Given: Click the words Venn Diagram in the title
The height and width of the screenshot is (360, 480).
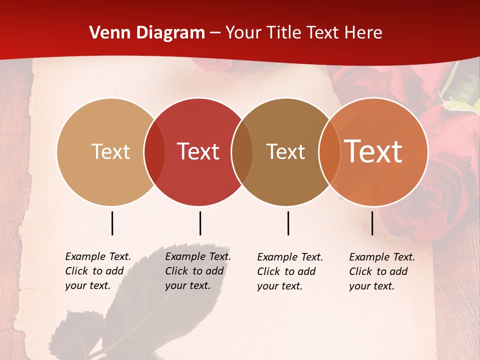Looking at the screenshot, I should (147, 33).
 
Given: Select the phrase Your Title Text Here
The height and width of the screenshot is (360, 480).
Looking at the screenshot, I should (304, 33).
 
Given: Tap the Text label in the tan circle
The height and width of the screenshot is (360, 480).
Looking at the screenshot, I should (110, 151).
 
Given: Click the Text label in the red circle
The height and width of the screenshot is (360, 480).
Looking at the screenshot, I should (198, 151).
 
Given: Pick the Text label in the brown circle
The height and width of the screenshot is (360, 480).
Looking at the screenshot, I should (285, 151).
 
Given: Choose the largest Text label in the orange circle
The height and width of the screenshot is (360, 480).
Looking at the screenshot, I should (373, 151).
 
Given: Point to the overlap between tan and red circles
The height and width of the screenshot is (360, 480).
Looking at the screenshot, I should (154, 152).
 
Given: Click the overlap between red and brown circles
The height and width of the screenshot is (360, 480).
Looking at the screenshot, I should (242, 152).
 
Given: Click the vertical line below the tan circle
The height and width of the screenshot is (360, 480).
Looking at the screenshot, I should (112, 223).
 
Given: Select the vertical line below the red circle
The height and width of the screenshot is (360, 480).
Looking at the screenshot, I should (200, 223).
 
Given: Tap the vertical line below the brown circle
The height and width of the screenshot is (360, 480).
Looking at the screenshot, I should (288, 223).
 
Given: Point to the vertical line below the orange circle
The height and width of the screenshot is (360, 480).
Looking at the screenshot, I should (372, 223).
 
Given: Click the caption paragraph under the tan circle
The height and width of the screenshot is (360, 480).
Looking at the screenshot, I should (98, 271).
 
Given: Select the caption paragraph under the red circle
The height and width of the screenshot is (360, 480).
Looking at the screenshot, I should (198, 271).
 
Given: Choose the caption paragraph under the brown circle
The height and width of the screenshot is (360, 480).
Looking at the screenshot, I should (290, 271).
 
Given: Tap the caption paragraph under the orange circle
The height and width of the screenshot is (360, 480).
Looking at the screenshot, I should (382, 271).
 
